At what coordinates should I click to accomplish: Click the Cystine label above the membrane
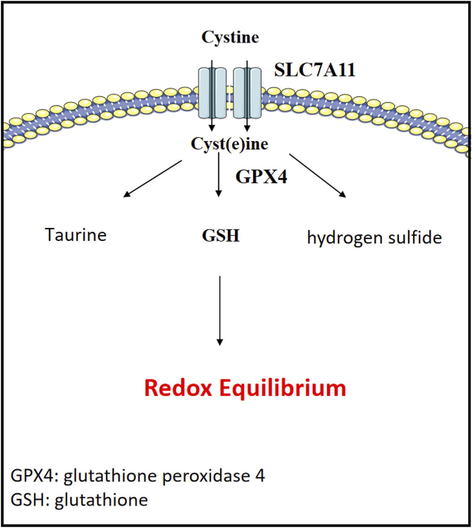[x=230, y=37]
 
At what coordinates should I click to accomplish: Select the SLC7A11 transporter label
[x=315, y=70]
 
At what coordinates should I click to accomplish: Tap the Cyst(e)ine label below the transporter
[x=229, y=144]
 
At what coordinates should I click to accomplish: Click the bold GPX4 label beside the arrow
[x=261, y=177]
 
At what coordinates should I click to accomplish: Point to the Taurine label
[x=76, y=235]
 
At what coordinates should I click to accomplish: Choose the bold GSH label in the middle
[x=221, y=236]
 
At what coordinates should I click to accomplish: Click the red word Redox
[x=178, y=388]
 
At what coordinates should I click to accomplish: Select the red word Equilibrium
[x=283, y=389]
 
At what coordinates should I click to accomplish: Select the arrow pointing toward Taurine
[x=153, y=179]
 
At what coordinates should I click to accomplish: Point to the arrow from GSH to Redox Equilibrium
[x=220, y=310]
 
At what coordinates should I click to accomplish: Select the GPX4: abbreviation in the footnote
[x=34, y=476]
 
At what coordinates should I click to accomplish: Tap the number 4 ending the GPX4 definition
[x=260, y=476]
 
